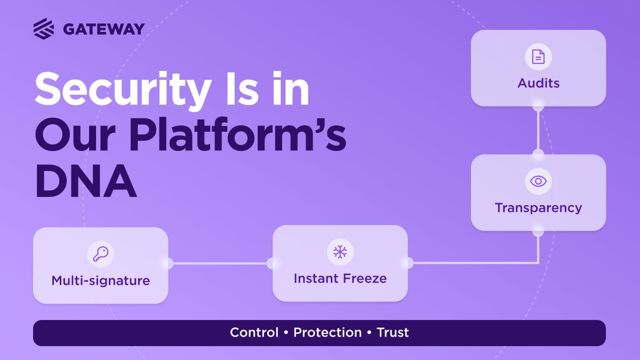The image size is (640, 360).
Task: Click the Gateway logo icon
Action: click(44, 28)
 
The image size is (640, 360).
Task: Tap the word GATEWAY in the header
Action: click(103, 29)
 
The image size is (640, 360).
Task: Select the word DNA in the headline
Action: click(86, 182)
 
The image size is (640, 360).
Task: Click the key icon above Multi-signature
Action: click(100, 254)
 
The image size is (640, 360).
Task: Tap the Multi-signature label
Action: click(100, 281)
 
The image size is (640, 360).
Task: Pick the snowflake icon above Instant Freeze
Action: click(340, 252)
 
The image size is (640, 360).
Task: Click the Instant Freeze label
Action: click(340, 278)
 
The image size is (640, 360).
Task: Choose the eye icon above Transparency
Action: click(538, 181)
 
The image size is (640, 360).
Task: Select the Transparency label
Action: click(538, 207)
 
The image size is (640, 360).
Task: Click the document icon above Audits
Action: click(538, 57)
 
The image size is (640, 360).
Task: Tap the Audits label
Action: click(538, 83)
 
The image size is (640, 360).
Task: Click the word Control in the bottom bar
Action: click(254, 333)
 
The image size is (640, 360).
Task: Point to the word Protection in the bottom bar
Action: click(327, 333)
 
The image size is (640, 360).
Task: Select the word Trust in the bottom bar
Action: click(393, 333)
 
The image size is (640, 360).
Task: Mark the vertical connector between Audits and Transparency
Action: click(538, 131)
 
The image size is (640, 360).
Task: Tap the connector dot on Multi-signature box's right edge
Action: click(168, 263)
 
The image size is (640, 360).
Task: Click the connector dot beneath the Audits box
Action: click(538, 107)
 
